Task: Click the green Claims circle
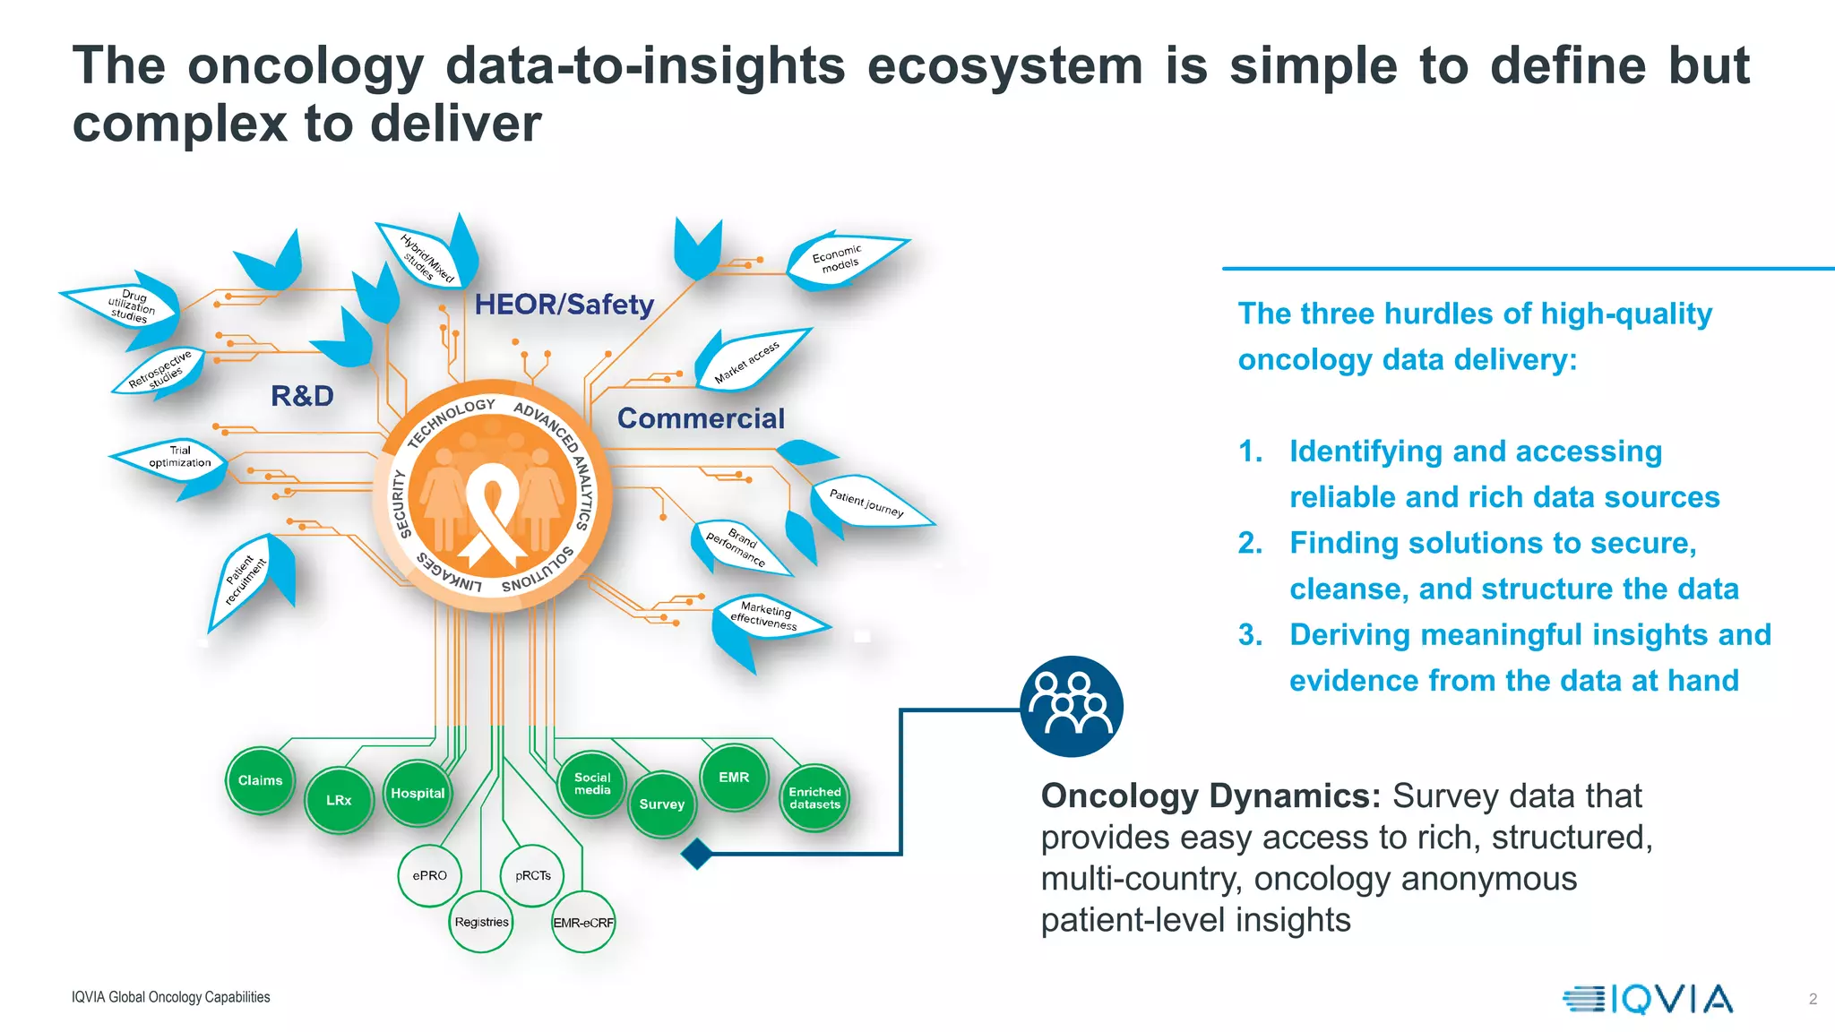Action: point(260,781)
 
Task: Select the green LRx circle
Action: point(339,800)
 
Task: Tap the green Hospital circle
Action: point(418,793)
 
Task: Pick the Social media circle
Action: point(592,784)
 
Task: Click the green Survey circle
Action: point(662,804)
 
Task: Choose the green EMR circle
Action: point(734,778)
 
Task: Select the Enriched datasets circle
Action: point(814,798)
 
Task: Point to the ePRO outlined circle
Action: point(429,875)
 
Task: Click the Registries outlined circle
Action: point(481,922)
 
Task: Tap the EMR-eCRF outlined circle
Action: point(583,923)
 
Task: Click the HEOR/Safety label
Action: point(564,305)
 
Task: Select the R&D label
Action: point(302,396)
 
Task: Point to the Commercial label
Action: point(701,418)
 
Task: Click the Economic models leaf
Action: point(840,259)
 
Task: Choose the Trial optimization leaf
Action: point(180,457)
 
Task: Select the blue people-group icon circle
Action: point(1071,707)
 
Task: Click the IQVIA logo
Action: point(1648,999)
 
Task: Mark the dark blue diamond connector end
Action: point(697,854)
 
